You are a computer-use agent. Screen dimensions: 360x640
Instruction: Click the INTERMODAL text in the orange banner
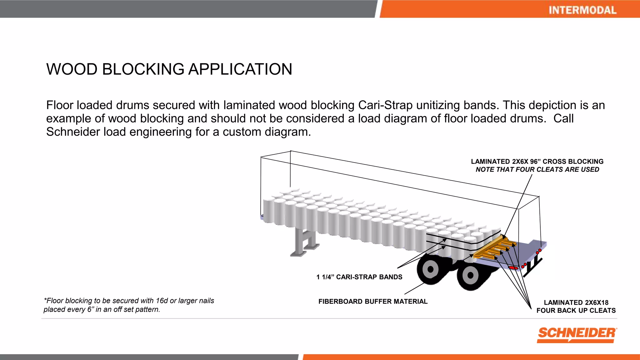[x=582, y=10]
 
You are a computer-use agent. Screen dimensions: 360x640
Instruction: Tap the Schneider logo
[x=577, y=334]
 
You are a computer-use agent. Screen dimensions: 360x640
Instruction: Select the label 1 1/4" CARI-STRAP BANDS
[x=359, y=277]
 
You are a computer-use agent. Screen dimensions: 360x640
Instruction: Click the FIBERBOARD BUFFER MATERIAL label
[x=373, y=302]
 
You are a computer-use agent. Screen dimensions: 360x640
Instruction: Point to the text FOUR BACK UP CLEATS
[x=576, y=311]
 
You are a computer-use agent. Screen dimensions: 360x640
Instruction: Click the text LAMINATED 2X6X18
[x=576, y=302]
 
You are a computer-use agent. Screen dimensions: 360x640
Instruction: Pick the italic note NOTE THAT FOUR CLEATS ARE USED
[x=537, y=170]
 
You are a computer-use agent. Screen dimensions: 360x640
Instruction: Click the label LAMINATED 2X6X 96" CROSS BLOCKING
[x=537, y=162]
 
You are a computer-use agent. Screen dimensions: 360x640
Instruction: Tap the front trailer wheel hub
[x=430, y=269]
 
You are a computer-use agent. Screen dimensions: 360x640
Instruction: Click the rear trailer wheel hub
[x=470, y=275]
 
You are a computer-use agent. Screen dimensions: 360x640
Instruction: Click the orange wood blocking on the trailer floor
[x=494, y=248]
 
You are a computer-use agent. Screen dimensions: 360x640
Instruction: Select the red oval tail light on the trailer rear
[x=513, y=268]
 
